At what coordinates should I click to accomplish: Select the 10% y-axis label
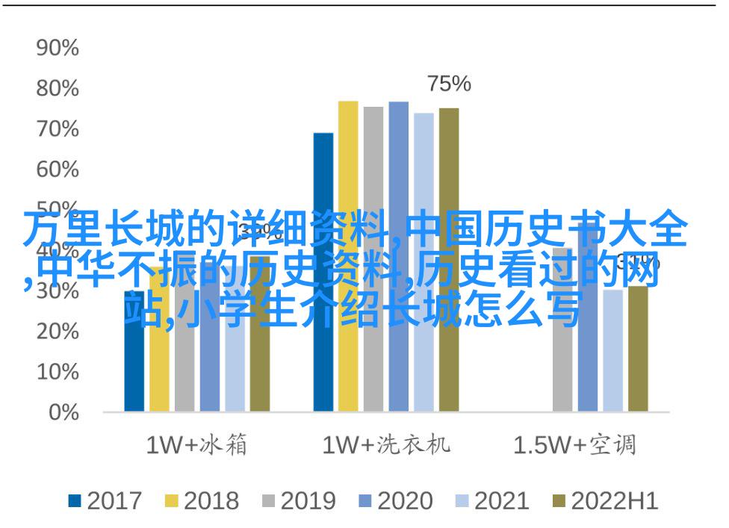(58, 372)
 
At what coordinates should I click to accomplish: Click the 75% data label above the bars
(449, 84)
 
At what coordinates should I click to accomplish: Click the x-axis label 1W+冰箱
(196, 446)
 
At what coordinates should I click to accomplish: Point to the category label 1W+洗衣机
(385, 446)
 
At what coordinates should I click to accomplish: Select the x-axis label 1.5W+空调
(574, 446)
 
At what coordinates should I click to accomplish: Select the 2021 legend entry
(492, 501)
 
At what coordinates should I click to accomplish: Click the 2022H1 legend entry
(604, 501)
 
